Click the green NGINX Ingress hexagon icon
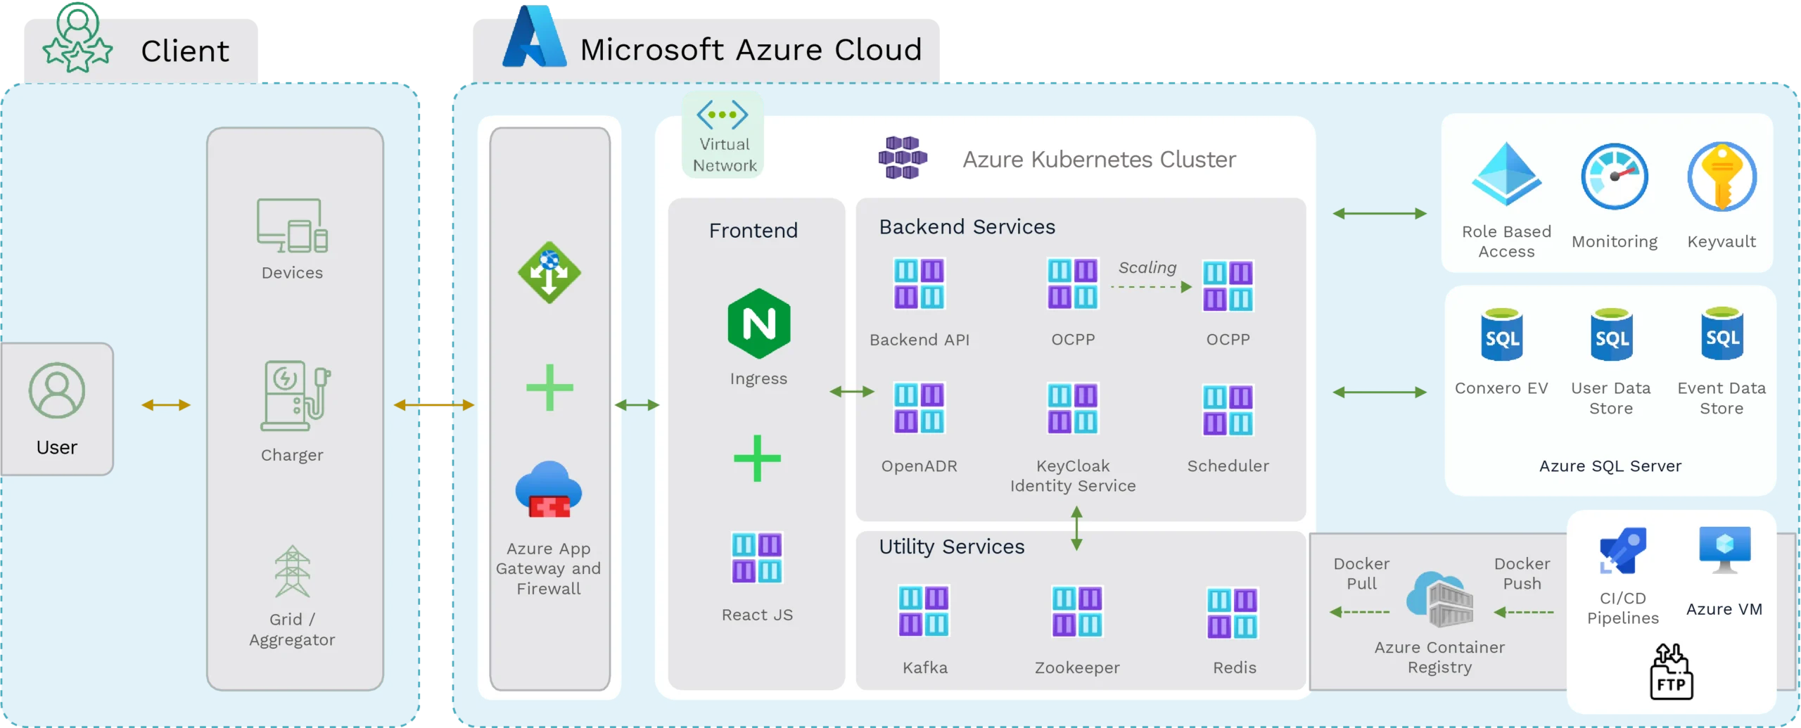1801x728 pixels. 758,324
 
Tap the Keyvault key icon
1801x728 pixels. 1722,177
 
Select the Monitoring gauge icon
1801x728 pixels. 1615,177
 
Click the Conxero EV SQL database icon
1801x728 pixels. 1502,336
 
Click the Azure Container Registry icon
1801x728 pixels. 1440,599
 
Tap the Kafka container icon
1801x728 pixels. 924,611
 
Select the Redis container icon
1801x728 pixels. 1233,613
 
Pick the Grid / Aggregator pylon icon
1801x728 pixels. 292,571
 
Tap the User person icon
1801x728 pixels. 57,390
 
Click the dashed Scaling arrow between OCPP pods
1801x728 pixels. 1151,287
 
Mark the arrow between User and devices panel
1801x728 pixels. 166,404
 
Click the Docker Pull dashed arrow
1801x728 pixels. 1360,612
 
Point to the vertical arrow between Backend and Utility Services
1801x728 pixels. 1076,528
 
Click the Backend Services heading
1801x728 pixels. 967,226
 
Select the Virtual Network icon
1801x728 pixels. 723,115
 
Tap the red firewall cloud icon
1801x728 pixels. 549,490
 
